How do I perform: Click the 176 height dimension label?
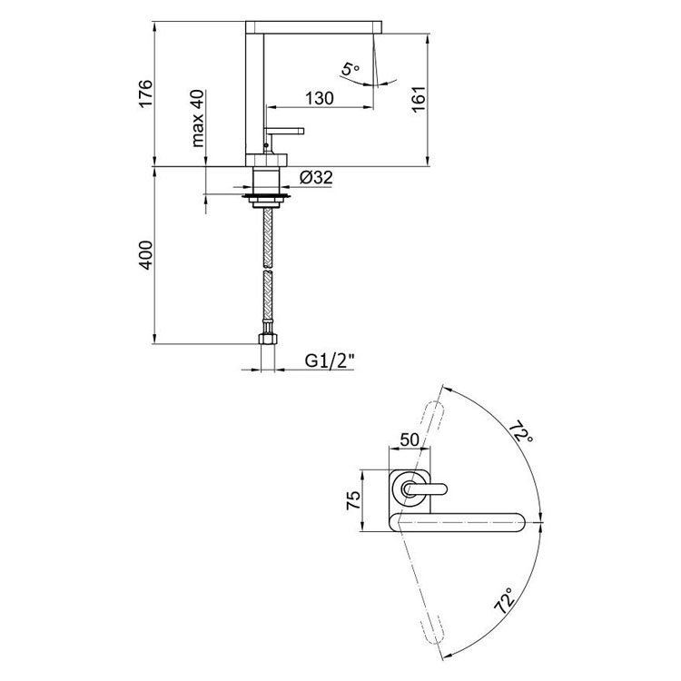pyautogui.click(x=145, y=94)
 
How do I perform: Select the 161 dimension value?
pyautogui.click(x=419, y=100)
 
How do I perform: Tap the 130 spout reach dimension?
pyautogui.click(x=320, y=98)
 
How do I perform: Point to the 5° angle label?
pyautogui.click(x=350, y=70)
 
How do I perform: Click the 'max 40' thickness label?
pyautogui.click(x=197, y=118)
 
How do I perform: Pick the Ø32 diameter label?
pyautogui.click(x=316, y=177)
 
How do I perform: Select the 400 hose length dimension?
pyautogui.click(x=145, y=255)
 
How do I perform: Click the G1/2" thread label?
pyautogui.click(x=330, y=360)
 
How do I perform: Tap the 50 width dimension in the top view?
pyautogui.click(x=410, y=439)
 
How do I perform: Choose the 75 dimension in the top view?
pyautogui.click(x=352, y=500)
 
